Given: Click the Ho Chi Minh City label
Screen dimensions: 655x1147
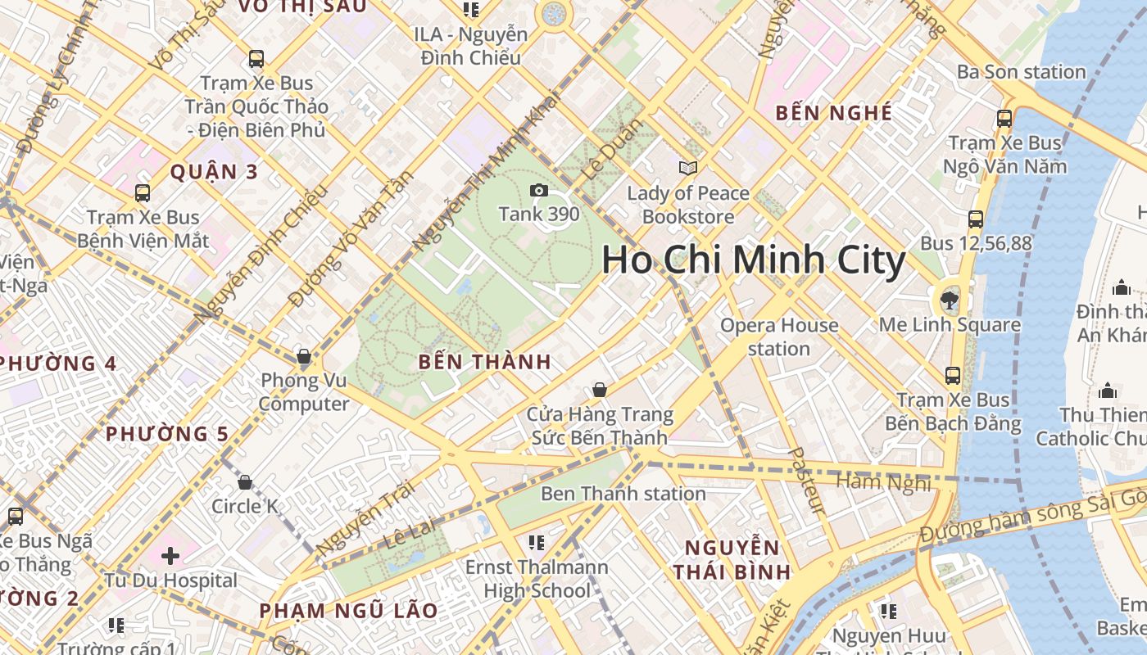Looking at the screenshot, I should (x=753, y=260).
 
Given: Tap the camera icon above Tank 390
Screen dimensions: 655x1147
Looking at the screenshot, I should (x=538, y=191).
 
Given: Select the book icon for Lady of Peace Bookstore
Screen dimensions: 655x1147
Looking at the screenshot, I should (x=688, y=168).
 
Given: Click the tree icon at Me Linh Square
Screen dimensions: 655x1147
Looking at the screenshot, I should (x=950, y=300).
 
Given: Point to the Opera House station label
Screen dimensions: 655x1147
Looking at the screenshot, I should (x=779, y=337).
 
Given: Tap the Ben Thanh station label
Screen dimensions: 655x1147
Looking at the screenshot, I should (x=623, y=494).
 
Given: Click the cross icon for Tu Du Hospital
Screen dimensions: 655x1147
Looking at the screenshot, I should (x=170, y=557).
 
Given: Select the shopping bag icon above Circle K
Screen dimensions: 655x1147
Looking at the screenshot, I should (x=244, y=482).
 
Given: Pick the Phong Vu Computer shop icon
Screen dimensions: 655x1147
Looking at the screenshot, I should (x=304, y=356).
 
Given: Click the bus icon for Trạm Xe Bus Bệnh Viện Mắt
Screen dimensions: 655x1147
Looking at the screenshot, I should (x=143, y=193).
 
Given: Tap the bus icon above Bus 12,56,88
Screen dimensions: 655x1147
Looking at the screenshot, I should (x=975, y=219).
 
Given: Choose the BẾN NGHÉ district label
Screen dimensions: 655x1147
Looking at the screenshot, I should (x=833, y=113).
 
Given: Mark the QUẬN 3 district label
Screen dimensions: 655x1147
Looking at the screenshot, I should (x=214, y=172).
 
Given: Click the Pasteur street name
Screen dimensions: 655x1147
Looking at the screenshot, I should (x=805, y=481).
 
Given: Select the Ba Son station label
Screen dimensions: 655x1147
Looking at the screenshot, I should (x=1021, y=72).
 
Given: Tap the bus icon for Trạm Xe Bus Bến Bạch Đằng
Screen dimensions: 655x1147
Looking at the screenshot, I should (x=953, y=376).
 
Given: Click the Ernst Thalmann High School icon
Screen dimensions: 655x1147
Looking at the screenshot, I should (x=537, y=542).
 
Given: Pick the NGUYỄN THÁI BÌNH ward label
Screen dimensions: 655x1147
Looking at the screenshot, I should (x=732, y=560).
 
